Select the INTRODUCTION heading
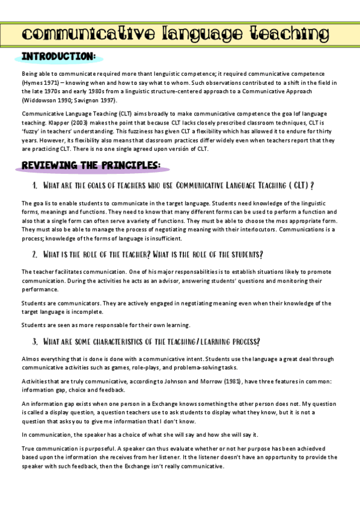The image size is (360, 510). coord(58,56)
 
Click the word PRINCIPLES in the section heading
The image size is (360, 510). coord(126,164)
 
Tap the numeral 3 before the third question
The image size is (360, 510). coord(35,342)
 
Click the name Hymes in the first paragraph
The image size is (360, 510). coord(32,82)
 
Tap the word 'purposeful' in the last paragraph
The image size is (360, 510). coord(84,447)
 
